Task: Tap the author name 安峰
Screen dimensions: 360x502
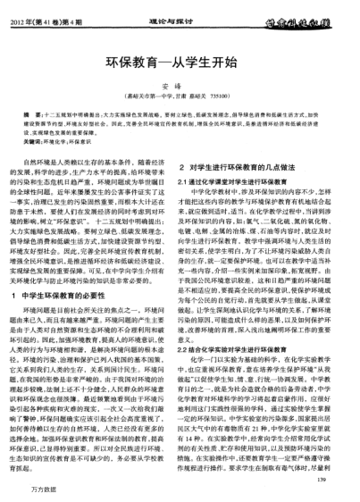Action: (180, 87)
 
